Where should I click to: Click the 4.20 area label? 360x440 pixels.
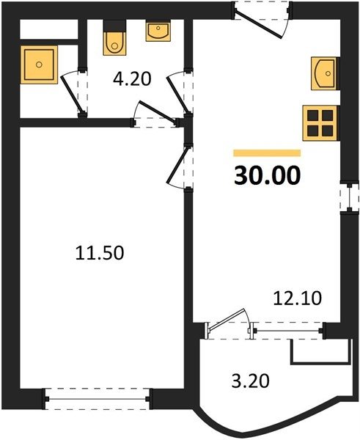point(132,79)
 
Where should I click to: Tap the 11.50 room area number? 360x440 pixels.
point(100,252)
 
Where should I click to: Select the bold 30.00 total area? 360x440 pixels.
point(267,176)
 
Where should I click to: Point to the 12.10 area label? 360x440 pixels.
point(298,298)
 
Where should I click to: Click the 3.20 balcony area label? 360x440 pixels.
point(251,381)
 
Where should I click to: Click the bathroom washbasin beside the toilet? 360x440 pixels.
point(158,32)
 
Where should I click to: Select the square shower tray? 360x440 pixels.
point(39,65)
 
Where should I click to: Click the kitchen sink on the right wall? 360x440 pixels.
point(324,73)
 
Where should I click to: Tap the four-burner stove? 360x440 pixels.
point(320,123)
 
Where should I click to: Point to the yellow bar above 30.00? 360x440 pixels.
point(267,153)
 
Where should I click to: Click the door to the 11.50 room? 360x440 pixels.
point(177,166)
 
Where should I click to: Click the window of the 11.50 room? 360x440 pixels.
point(98,399)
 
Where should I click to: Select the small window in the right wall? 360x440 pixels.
point(349,198)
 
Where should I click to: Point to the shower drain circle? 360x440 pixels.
point(39,65)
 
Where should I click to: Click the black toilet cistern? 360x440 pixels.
point(114,26)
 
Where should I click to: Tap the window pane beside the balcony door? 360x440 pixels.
point(287,331)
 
